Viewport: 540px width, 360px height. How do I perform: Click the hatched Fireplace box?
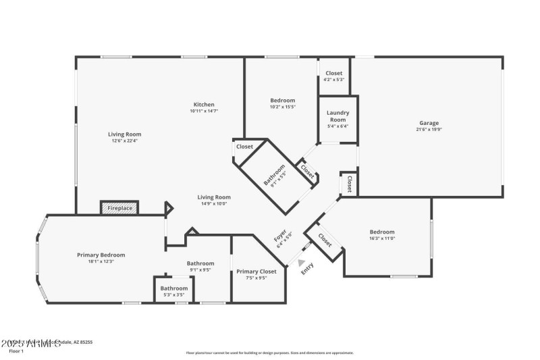click(119, 208)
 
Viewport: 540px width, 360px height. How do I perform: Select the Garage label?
click(429, 123)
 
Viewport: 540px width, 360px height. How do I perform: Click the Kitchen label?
click(204, 105)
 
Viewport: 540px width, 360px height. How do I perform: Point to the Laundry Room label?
click(337, 116)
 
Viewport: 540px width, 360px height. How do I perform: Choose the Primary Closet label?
click(256, 272)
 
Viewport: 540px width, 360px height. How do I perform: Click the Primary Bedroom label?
click(101, 255)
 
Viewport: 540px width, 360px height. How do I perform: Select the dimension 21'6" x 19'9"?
click(429, 130)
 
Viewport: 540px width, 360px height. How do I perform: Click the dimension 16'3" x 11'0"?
click(381, 238)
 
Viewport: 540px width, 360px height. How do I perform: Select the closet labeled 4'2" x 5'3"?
click(334, 76)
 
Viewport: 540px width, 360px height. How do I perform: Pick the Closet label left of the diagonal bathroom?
click(244, 147)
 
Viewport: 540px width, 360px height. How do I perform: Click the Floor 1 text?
click(16, 351)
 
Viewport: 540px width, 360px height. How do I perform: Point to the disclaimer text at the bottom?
click(270, 353)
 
